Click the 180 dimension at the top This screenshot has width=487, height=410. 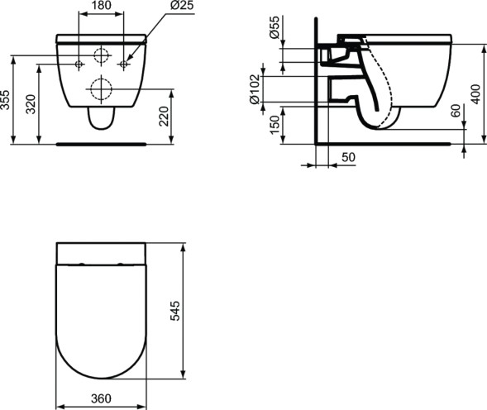[101, 5]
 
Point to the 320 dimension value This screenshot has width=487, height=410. [31, 103]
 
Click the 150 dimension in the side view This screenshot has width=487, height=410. [274, 125]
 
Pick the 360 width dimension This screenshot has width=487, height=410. [101, 398]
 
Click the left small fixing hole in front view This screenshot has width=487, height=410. [79, 64]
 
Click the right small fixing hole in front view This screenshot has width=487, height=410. [123, 64]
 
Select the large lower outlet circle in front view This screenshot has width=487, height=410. [101, 88]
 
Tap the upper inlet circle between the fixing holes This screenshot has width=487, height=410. [101, 56]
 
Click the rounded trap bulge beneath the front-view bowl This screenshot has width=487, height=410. [101, 122]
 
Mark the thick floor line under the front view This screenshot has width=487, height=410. [101, 143]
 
